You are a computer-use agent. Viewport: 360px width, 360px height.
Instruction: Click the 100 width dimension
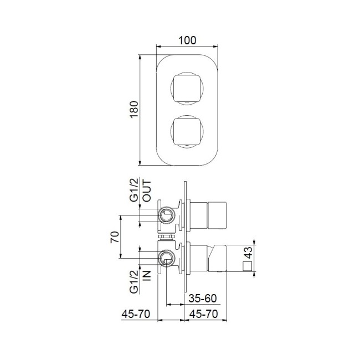pyautogui.click(x=188, y=40)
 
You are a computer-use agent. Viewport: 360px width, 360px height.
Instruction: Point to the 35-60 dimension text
pyautogui.click(x=202, y=298)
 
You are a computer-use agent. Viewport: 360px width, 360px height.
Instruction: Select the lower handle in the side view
pyautogui.click(x=218, y=258)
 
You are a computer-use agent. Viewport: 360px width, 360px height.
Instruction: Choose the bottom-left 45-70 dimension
pyautogui.click(x=136, y=314)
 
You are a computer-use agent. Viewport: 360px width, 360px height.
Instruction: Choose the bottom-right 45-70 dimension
pyautogui.click(x=203, y=314)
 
